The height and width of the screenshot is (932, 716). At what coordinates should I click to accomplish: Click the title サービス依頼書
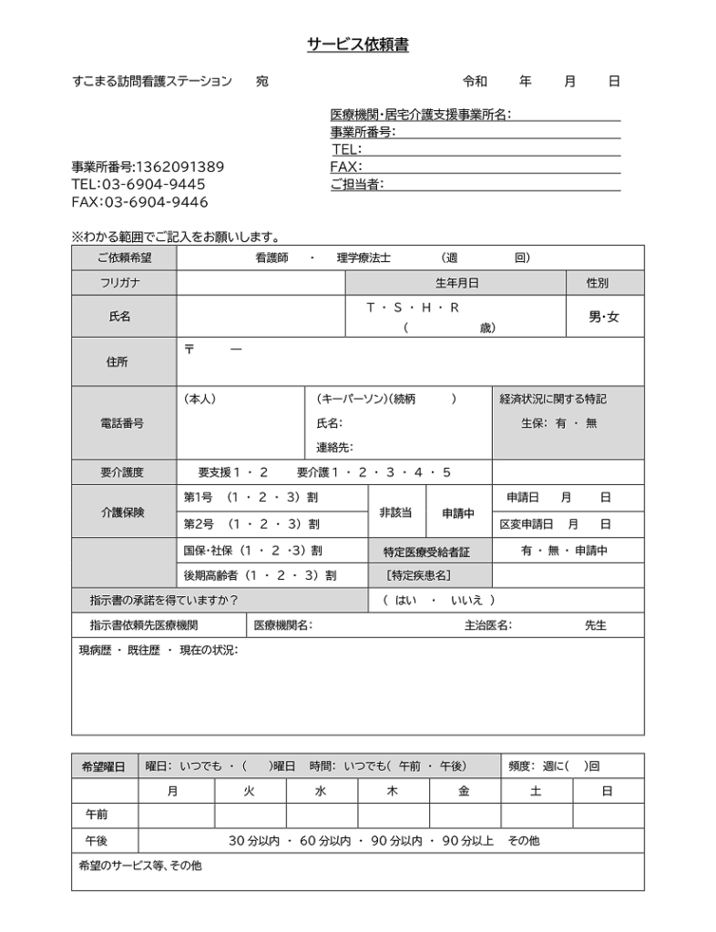point(357,46)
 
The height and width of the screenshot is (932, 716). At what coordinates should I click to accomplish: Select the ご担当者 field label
point(356,185)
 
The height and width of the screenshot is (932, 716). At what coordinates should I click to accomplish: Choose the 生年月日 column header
point(456,283)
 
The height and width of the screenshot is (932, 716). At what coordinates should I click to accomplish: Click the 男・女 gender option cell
point(604,318)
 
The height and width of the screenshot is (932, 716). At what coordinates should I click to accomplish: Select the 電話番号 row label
point(121,423)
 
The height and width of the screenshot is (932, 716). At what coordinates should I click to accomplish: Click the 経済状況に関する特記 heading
point(553,400)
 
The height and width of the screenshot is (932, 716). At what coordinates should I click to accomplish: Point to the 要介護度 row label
point(122,472)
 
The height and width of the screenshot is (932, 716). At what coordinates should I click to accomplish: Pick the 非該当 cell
point(395,512)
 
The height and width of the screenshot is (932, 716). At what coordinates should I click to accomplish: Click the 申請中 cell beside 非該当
point(458,512)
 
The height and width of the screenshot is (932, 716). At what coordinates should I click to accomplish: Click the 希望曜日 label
point(104,766)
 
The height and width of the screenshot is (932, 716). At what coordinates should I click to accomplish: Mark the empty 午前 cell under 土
point(536,815)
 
